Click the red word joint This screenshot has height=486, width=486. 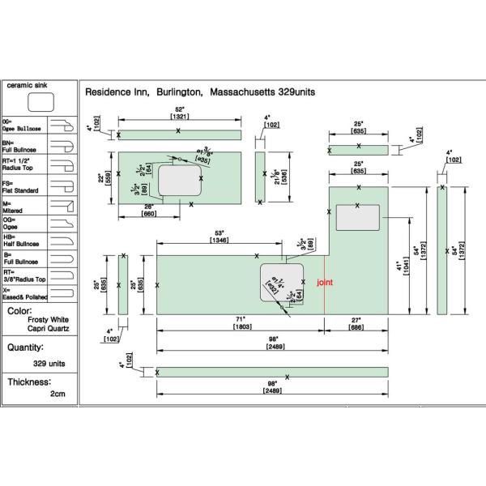click(324, 282)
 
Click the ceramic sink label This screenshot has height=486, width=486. click(29, 84)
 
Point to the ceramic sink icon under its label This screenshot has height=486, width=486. click(40, 102)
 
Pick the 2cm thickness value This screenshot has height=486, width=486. click(57, 394)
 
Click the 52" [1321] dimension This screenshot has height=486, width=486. click(180, 113)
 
